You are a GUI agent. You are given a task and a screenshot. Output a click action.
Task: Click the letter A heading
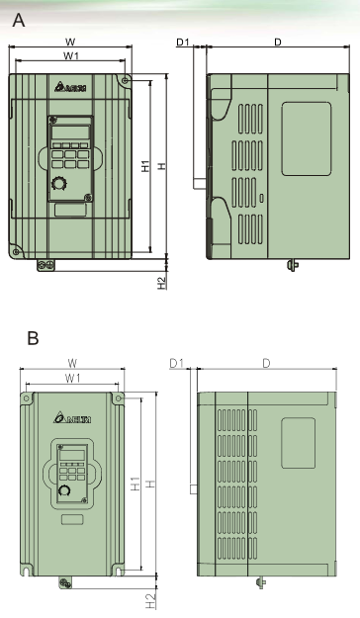tap(19, 20)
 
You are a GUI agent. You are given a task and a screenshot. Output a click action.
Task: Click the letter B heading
tap(33, 338)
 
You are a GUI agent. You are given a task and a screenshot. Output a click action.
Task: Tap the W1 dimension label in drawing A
tap(71, 56)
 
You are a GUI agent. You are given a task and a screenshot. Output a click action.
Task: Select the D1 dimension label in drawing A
tap(183, 42)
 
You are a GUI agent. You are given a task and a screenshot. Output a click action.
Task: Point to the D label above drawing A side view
tap(278, 42)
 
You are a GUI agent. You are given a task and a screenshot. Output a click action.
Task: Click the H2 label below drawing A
tap(162, 283)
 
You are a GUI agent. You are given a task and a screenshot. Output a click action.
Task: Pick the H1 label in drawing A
tap(146, 166)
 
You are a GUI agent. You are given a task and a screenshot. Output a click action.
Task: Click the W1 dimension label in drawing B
tap(72, 379)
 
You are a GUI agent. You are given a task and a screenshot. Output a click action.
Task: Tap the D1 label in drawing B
tap(177, 363)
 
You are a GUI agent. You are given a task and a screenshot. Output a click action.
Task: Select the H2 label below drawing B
tap(150, 601)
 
